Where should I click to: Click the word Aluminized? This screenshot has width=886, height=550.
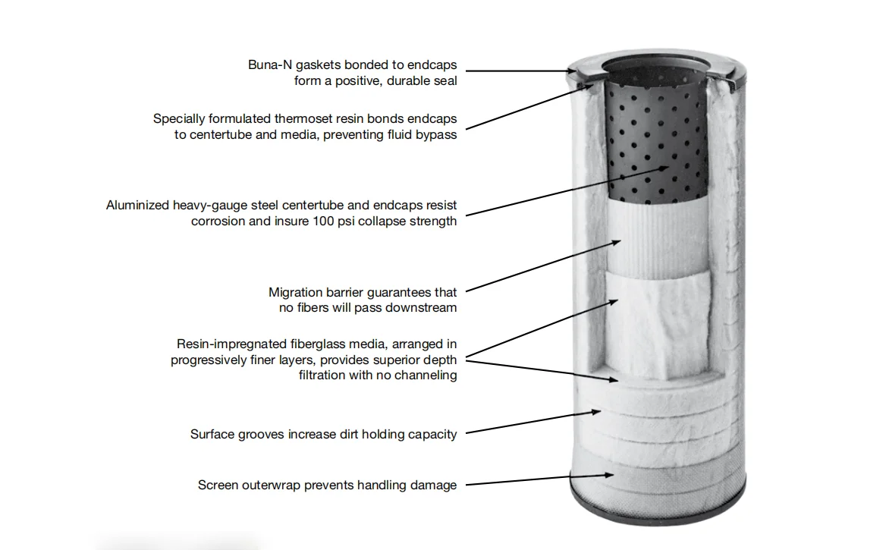click(x=137, y=206)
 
